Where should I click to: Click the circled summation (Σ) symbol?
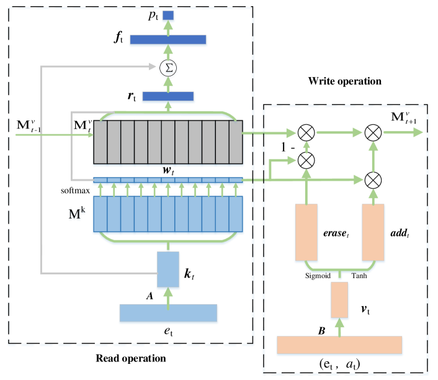coord(168,68)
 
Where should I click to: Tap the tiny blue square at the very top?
coord(168,16)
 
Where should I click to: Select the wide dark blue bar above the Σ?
coord(168,40)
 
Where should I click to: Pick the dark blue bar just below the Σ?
coord(168,97)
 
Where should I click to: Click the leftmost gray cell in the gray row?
coord(100,142)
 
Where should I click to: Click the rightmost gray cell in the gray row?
coord(236,142)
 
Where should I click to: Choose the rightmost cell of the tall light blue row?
coord(236,214)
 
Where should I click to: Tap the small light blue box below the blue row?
coord(168,269)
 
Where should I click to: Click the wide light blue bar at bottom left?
coord(168,314)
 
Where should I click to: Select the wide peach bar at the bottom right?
coord(339,345)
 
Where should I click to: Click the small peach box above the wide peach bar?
coord(339,300)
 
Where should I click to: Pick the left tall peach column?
coord(306,232)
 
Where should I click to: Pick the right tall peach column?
coord(373,232)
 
